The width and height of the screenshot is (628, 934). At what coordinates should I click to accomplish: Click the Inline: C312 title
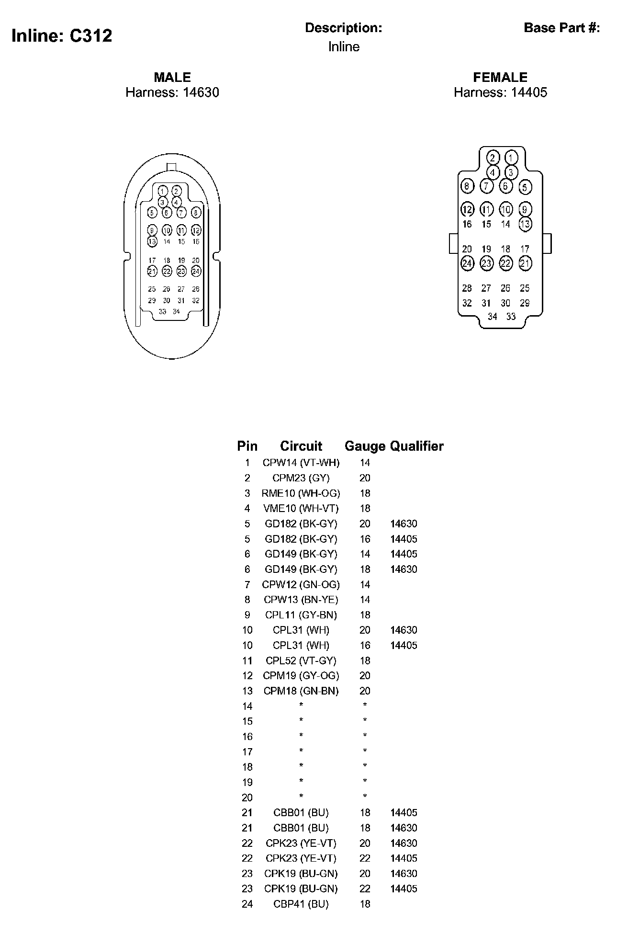pyautogui.click(x=62, y=36)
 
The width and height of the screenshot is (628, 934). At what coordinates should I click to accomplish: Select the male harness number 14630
pyautogui.click(x=201, y=92)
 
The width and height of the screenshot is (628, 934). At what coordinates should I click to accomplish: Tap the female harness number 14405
pyautogui.click(x=529, y=92)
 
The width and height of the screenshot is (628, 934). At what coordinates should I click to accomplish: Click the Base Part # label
pyautogui.click(x=562, y=28)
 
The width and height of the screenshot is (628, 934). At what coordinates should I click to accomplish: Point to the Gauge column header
pyautogui.click(x=365, y=446)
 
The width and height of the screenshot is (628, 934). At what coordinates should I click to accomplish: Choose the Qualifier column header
pyautogui.click(x=417, y=446)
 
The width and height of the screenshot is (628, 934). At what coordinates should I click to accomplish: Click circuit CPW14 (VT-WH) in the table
pyautogui.click(x=301, y=463)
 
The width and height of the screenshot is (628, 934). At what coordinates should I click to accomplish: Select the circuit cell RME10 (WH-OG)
pyautogui.click(x=301, y=493)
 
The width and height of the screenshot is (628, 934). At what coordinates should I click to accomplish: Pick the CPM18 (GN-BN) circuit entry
pyautogui.click(x=301, y=691)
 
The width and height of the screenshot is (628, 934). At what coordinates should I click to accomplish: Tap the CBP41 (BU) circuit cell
pyautogui.click(x=301, y=904)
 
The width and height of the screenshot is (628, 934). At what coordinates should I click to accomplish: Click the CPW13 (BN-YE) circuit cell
pyautogui.click(x=301, y=600)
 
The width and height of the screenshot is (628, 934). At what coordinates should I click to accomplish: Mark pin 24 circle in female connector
pyautogui.click(x=467, y=263)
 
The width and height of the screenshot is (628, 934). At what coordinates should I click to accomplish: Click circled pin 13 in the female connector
pyautogui.click(x=525, y=224)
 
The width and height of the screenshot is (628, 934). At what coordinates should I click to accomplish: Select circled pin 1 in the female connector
pyautogui.click(x=511, y=158)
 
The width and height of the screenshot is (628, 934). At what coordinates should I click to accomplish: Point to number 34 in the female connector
pyautogui.click(x=493, y=317)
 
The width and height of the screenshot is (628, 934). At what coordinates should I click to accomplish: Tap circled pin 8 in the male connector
pyautogui.click(x=196, y=212)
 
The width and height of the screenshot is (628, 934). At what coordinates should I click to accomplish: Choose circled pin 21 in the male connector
pyautogui.click(x=152, y=271)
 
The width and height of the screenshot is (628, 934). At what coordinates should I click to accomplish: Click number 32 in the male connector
pyautogui.click(x=196, y=301)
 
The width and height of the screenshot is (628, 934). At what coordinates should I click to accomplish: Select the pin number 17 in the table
pyautogui.click(x=247, y=752)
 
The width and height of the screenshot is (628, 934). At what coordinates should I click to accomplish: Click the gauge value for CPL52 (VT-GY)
pyautogui.click(x=365, y=661)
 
